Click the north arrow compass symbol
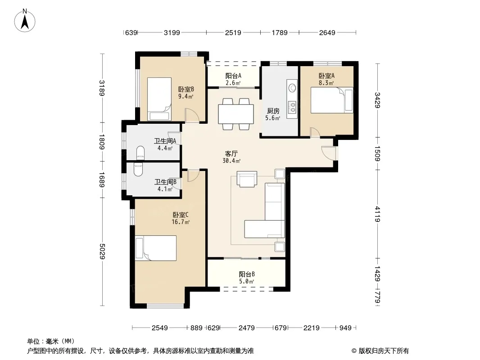click(x=25, y=21)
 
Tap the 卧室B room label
click(x=186, y=89)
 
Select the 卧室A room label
click(x=326, y=76)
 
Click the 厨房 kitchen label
click(x=273, y=111)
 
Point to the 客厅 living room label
click(x=231, y=153)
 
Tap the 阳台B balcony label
click(x=247, y=274)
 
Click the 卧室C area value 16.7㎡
click(x=181, y=222)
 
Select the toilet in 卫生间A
click(x=140, y=153)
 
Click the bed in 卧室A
click(x=332, y=100)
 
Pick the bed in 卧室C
click(x=155, y=248)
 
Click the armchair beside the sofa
click(x=247, y=179)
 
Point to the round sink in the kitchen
click(x=292, y=88)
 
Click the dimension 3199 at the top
click(x=172, y=32)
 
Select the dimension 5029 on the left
click(x=102, y=252)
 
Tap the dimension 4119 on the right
click(x=377, y=214)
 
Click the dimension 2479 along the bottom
click(x=246, y=328)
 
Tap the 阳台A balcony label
click(x=233, y=76)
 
